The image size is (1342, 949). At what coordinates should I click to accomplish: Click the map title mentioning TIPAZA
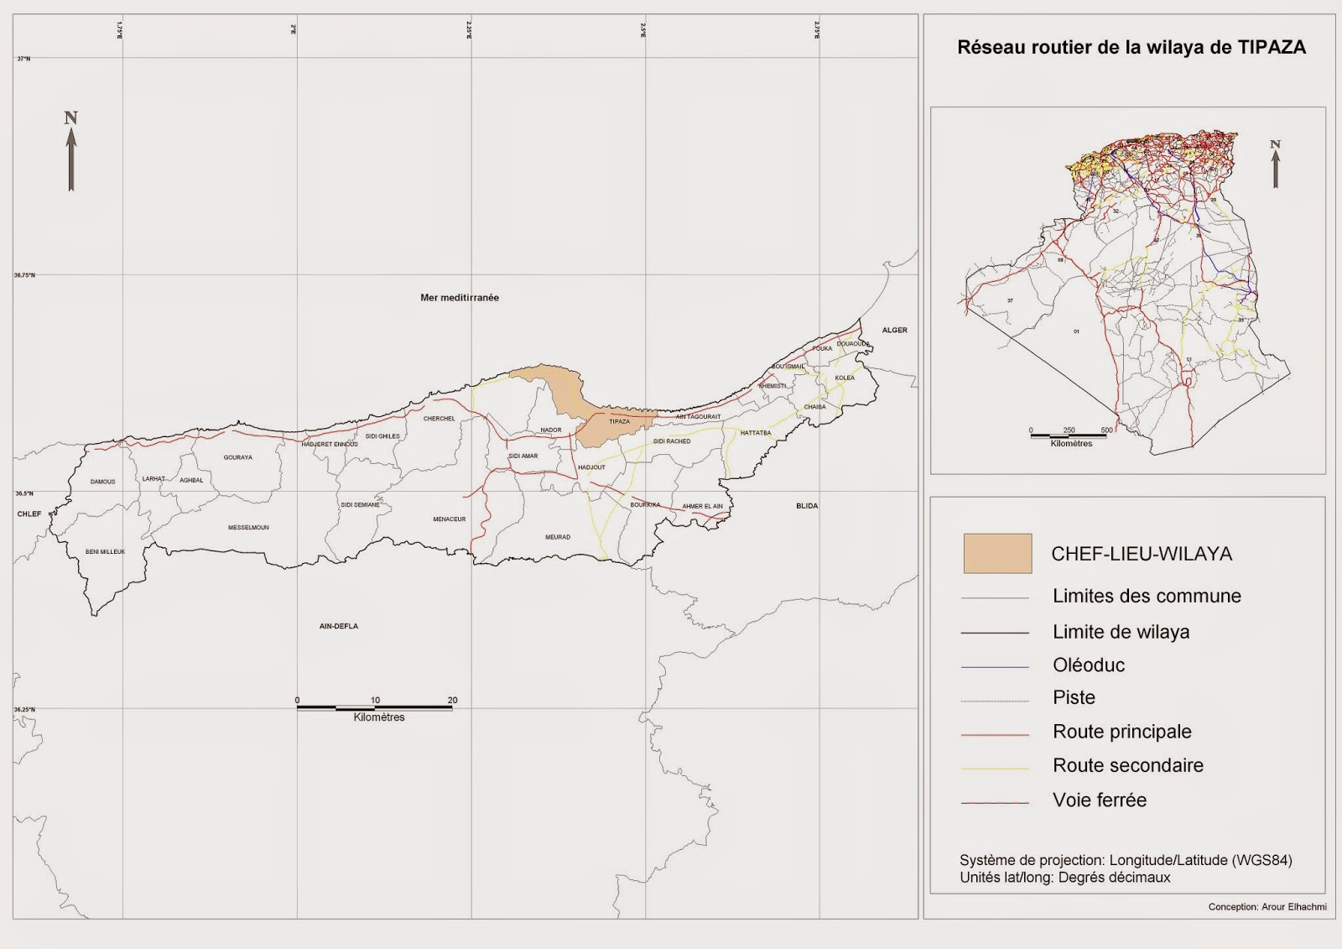coord(1131,48)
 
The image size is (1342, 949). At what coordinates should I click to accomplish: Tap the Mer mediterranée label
coord(460,298)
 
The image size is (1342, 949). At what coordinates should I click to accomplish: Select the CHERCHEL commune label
coord(439,419)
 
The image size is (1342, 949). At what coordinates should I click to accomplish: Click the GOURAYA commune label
coord(238,457)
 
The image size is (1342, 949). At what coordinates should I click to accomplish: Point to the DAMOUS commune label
coord(103,482)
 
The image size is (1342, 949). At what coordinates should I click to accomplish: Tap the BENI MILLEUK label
coord(105,551)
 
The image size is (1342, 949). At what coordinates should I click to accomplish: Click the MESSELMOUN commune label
coord(248,528)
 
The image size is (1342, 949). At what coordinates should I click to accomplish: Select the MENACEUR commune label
coord(449,519)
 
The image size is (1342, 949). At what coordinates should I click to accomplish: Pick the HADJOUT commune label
coord(591,467)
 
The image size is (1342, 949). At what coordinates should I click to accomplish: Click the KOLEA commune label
coord(845,378)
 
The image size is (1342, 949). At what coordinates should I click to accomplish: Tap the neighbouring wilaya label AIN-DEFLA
coord(339,626)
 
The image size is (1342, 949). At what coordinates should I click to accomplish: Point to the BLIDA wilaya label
coord(807,506)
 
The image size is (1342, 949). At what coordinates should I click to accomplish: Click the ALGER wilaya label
coord(894,330)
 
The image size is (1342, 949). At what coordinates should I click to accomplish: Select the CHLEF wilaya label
coord(29,514)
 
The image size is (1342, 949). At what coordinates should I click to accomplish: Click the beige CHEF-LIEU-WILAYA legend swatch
coord(997,554)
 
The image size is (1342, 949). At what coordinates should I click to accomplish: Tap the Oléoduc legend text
coord(1089,665)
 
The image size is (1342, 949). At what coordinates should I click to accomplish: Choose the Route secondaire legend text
coord(1128,765)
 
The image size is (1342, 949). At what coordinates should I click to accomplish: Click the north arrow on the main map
coord(71,151)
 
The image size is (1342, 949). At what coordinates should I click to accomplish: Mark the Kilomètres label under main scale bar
coord(379,717)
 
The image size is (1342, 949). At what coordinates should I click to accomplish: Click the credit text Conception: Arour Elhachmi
coord(1267,907)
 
